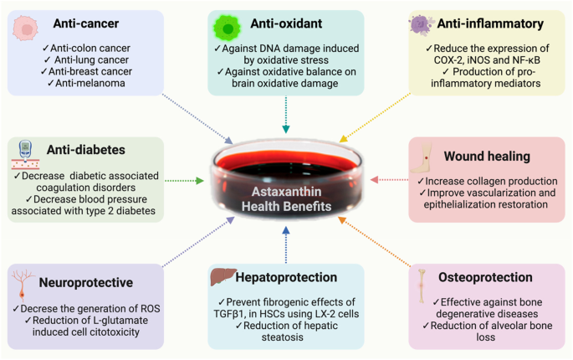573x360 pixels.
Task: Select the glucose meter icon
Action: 27,150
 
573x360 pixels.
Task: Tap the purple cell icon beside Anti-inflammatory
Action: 421,24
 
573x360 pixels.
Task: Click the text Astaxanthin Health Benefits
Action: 286,198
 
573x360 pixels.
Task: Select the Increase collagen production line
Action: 490,180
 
